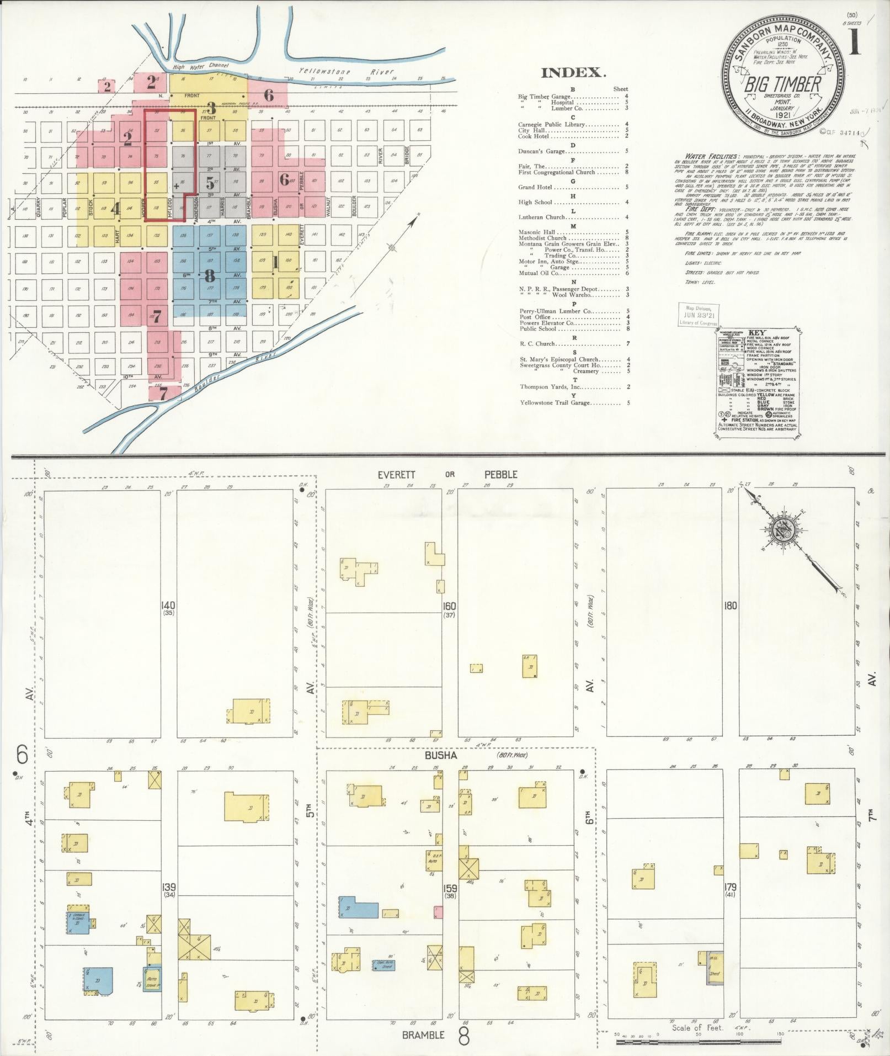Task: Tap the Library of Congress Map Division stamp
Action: point(698,315)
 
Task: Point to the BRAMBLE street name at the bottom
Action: point(423,1035)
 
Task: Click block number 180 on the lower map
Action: point(731,606)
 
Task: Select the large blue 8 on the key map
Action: point(210,275)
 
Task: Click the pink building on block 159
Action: point(438,912)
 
